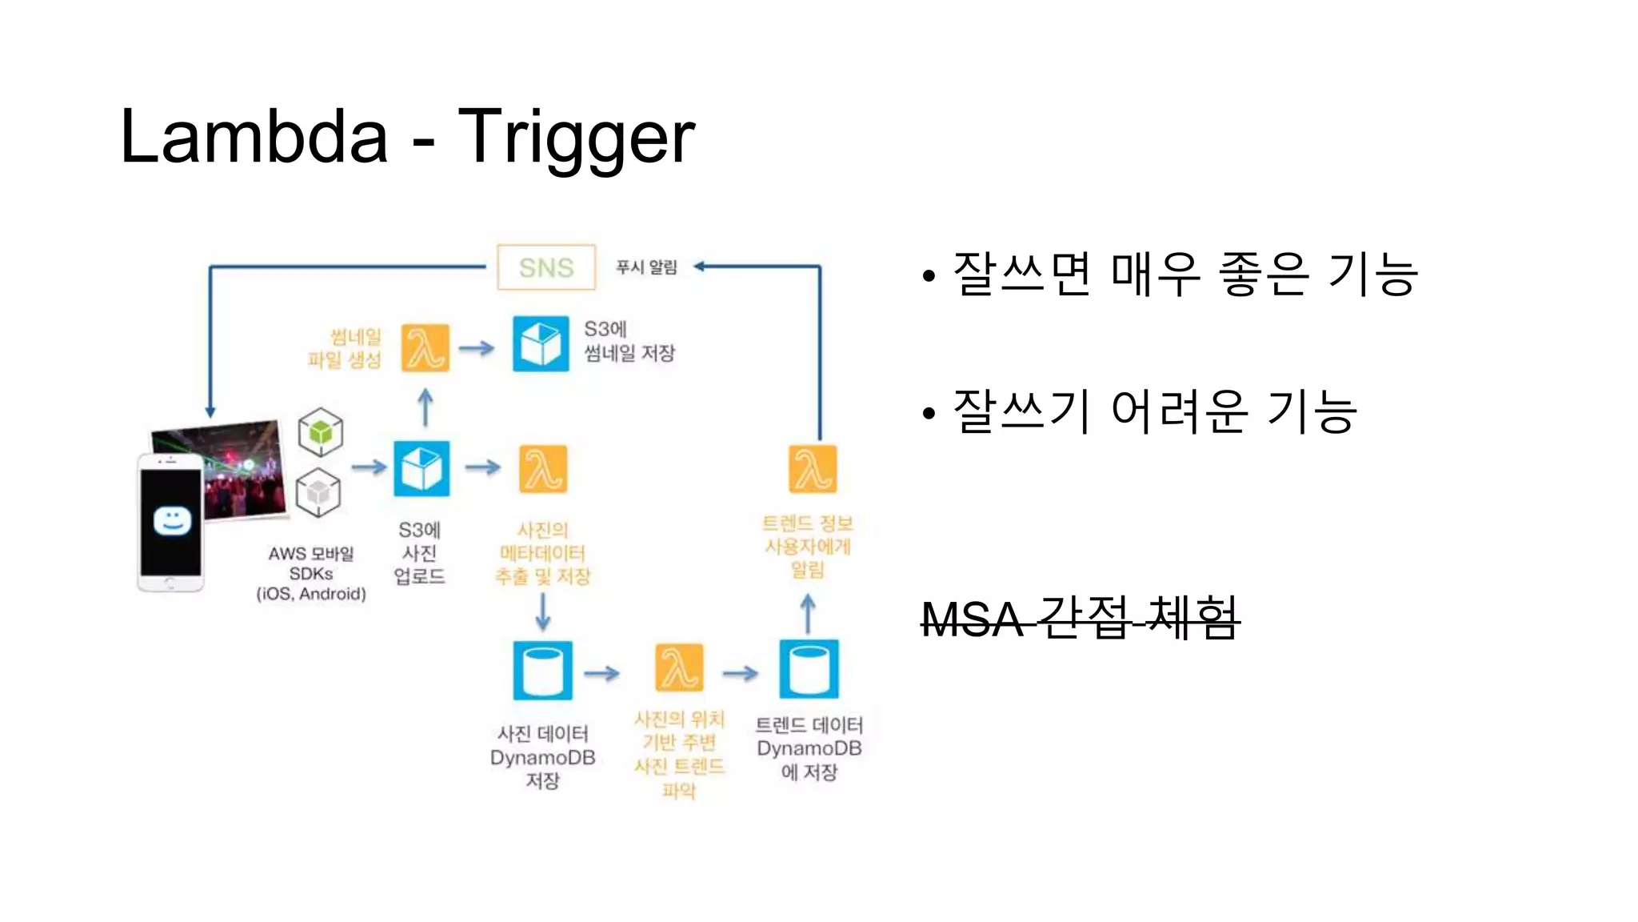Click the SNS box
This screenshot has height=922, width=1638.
click(x=546, y=267)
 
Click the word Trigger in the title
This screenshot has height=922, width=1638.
click(x=576, y=138)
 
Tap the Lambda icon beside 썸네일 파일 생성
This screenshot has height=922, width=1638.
click(x=425, y=348)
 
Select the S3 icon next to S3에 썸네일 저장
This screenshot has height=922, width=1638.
click(x=541, y=344)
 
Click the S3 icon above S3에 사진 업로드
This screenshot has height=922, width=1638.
click(x=421, y=469)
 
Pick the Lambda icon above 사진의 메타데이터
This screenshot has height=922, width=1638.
click(x=543, y=469)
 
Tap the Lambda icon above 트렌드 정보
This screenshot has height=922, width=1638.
click(x=813, y=469)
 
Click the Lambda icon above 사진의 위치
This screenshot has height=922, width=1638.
click(x=679, y=668)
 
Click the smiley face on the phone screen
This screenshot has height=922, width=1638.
click(x=172, y=521)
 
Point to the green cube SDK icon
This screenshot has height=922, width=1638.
click(x=321, y=432)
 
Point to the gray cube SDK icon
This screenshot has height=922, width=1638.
click(x=318, y=492)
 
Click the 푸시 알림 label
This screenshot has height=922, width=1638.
click(x=646, y=267)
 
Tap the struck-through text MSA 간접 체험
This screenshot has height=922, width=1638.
click(x=1080, y=619)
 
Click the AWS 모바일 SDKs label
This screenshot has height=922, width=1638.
click(x=311, y=573)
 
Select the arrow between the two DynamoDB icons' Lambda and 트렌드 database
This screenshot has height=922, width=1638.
click(x=740, y=673)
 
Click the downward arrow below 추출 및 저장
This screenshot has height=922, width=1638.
click(x=543, y=613)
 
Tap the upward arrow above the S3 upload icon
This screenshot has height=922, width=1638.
click(x=425, y=407)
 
